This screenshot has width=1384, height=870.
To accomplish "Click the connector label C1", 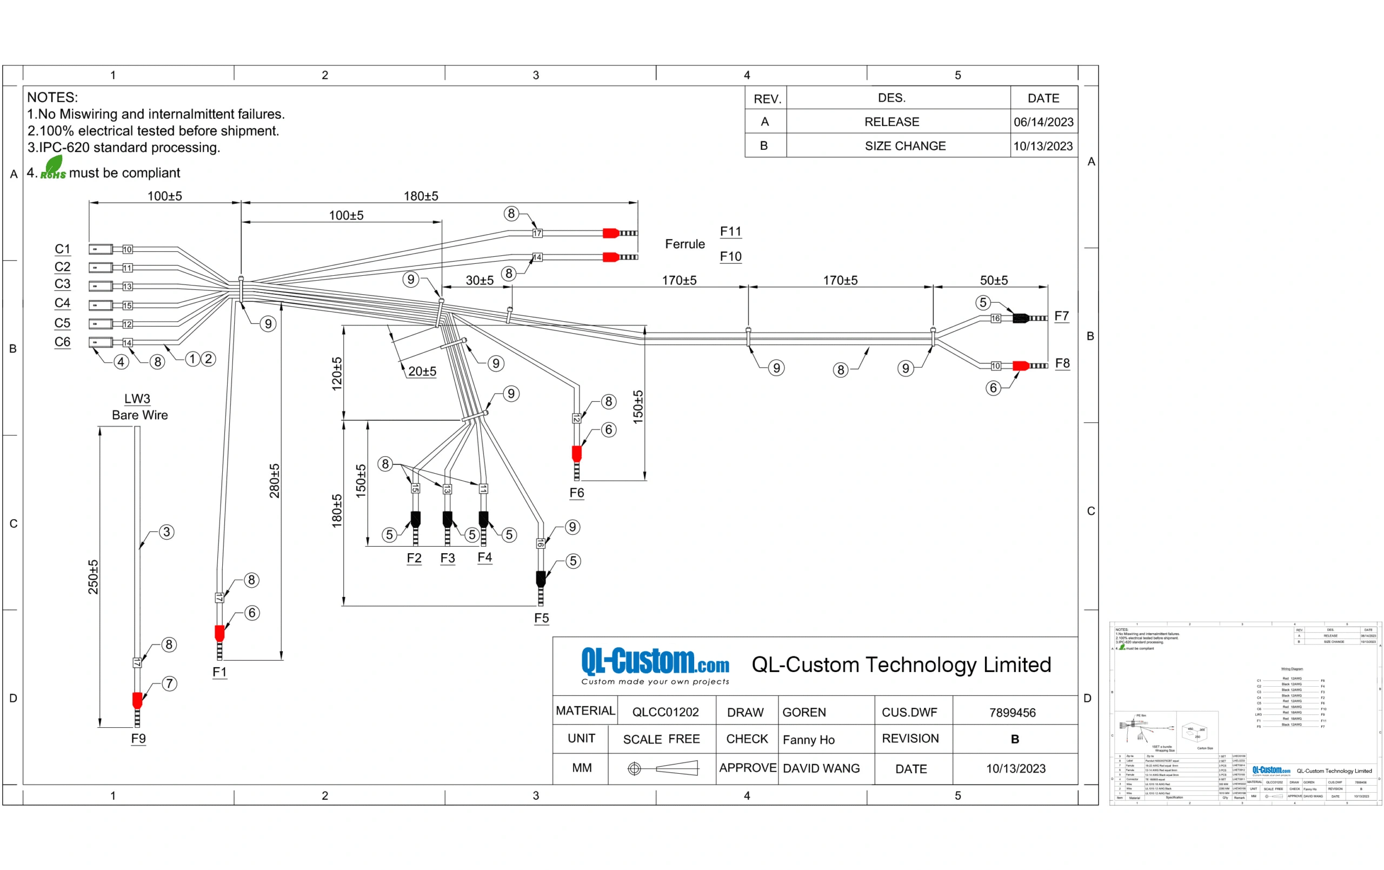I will pos(62,249).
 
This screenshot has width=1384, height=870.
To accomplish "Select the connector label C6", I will pos(62,342).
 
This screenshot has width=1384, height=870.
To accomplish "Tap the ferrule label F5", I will pos(541,618).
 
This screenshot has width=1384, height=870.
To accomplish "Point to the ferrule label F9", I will pos(138,738).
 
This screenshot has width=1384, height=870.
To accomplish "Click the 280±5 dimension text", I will pos(275,481).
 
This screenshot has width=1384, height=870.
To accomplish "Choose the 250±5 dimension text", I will pos(93,577).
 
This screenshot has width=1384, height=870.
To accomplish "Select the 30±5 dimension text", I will pos(480,281).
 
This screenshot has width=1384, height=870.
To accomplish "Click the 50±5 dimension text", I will pos(994,281).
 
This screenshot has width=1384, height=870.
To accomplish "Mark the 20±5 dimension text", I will pos(422,371).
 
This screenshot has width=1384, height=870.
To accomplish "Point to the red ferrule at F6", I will pos(576,454).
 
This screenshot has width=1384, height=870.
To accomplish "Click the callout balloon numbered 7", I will pos(169,683).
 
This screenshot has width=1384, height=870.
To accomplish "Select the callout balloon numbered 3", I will pos(167,532).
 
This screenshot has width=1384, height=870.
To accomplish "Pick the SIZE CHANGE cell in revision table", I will pos(905,146).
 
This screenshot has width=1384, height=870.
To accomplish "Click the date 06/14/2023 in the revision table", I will pos(1043,122).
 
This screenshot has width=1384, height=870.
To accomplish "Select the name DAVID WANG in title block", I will pos(821,768).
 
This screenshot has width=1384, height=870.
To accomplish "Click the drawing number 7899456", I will pos(1012,713).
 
